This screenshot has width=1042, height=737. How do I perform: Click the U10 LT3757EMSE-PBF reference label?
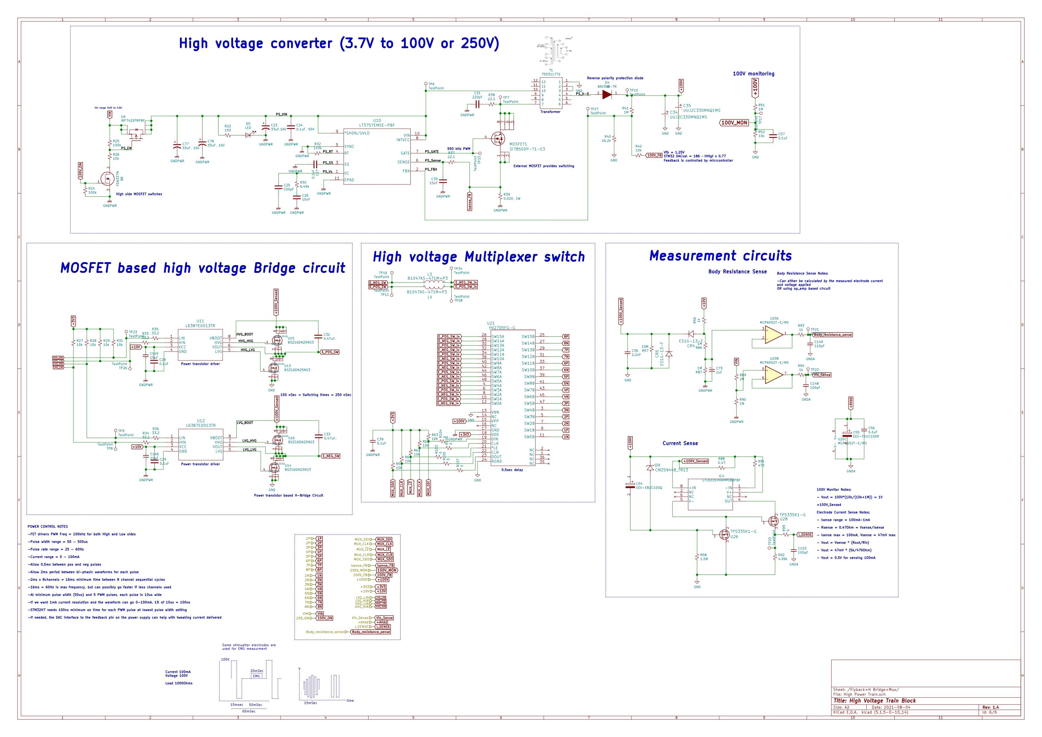point(377,123)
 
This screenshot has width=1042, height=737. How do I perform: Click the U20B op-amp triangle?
point(774,374)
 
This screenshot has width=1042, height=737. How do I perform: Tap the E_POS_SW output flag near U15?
point(330,352)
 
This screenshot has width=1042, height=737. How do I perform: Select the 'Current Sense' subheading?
point(680,443)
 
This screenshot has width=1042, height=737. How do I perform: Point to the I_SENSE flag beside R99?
point(805,534)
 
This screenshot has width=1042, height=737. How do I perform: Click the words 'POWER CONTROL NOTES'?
point(48,526)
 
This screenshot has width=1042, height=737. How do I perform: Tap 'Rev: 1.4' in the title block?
point(990,707)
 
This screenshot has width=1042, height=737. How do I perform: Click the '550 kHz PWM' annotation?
point(458,149)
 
